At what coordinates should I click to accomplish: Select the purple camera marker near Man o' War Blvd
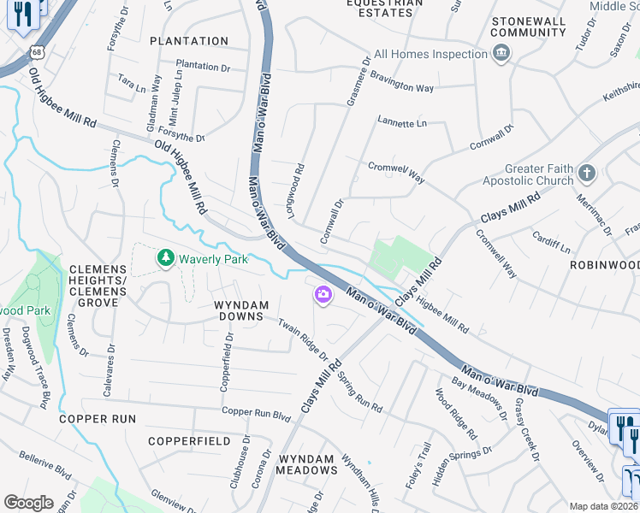point(323,295)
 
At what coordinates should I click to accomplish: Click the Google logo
point(28,503)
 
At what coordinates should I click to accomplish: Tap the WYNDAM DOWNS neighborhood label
point(241,311)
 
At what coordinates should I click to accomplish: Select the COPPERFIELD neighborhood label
point(189,441)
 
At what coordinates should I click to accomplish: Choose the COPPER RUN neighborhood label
point(98,419)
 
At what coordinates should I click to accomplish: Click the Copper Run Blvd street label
point(256,413)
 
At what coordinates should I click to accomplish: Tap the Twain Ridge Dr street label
point(303,337)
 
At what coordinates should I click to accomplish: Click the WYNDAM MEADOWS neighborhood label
point(307,464)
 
